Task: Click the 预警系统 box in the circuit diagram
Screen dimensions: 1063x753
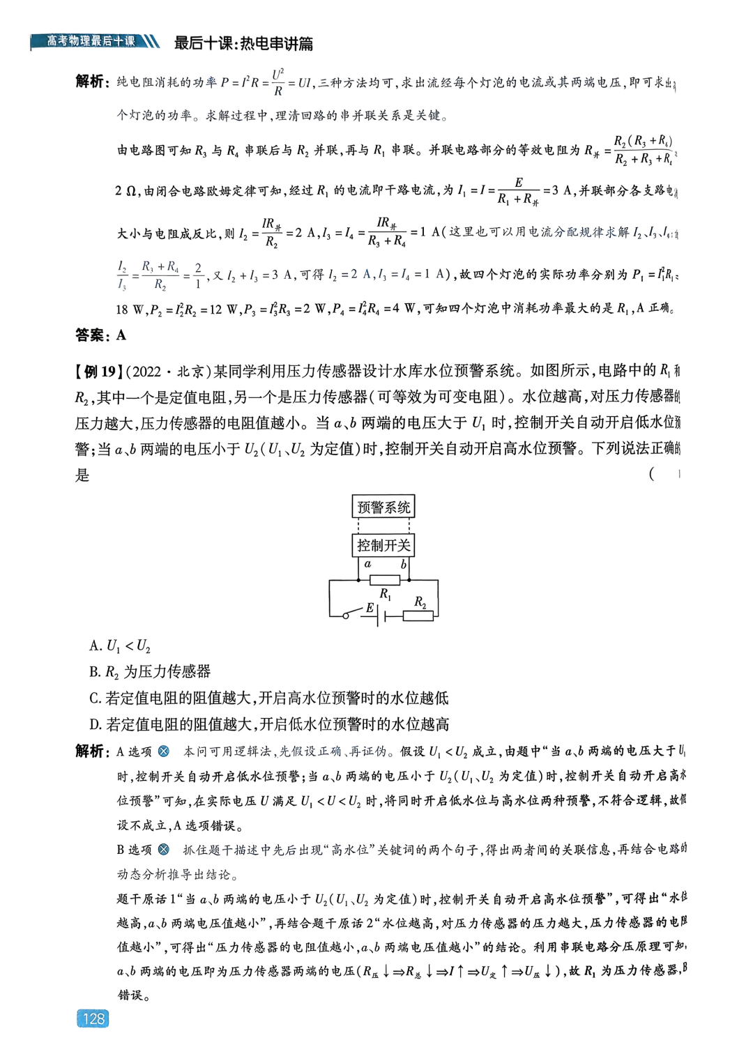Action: click(383, 507)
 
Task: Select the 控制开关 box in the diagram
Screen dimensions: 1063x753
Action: click(383, 545)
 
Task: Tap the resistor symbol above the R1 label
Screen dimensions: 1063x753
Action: click(384, 580)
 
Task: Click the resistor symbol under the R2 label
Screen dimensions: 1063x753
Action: click(418, 615)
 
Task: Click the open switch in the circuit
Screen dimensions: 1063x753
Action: click(353, 614)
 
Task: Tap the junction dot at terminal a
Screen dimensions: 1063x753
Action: click(358, 580)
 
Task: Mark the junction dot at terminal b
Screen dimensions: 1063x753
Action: click(409, 580)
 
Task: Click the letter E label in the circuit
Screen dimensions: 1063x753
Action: click(370, 608)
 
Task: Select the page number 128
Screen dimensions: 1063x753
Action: click(93, 1018)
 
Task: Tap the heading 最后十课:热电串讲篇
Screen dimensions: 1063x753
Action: click(243, 43)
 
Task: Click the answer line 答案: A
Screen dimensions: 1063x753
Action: click(101, 335)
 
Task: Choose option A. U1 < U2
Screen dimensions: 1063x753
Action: click(120, 646)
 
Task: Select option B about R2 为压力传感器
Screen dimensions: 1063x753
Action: click(150, 672)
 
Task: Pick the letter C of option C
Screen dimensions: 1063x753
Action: click(95, 698)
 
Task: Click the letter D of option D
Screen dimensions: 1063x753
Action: click(95, 725)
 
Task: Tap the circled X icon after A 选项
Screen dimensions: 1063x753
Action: click(164, 751)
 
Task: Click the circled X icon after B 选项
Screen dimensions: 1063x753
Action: click(164, 850)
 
